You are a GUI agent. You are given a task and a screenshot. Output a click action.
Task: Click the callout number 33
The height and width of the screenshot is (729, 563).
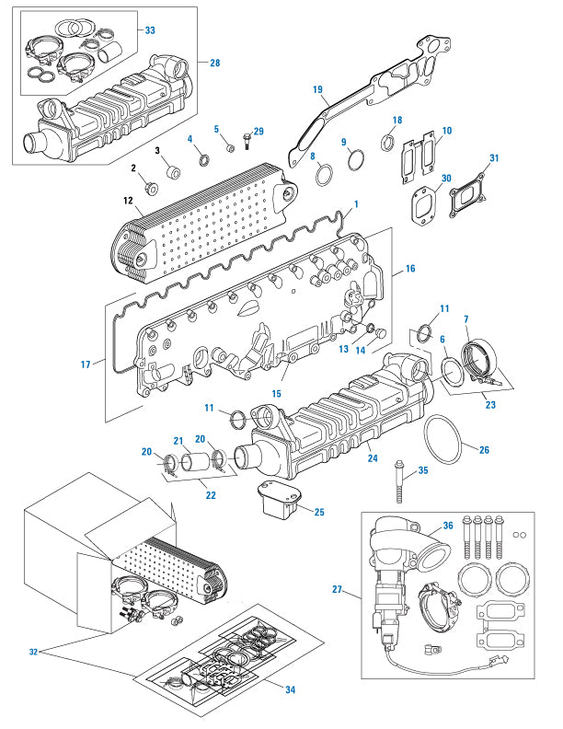150,30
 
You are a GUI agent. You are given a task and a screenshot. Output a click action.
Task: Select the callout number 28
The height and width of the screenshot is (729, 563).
214,64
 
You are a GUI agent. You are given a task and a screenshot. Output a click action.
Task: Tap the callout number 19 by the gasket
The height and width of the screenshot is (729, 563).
317,90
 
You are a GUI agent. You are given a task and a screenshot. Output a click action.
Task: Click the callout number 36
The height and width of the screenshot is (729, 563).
448,526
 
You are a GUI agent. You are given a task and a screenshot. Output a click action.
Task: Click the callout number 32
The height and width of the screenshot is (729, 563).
34,651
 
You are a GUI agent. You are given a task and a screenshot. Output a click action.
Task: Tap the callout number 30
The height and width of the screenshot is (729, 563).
446,179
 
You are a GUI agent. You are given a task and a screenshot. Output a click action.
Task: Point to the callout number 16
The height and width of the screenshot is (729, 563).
409,270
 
